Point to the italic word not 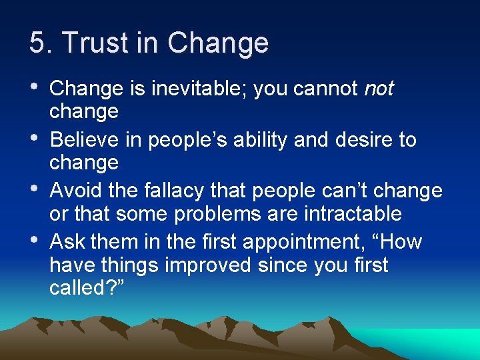379,89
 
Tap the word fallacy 167,191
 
